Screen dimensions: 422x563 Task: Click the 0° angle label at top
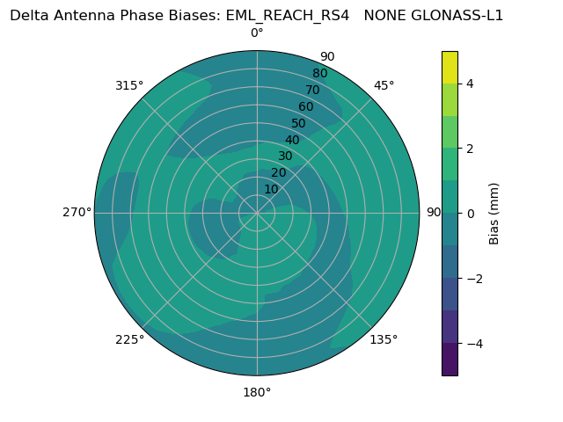(x=257, y=33)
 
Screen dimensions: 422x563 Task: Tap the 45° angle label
(x=384, y=85)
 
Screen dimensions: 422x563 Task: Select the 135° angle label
(x=384, y=339)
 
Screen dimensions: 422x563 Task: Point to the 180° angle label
(x=257, y=392)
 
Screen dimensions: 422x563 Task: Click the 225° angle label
(x=129, y=339)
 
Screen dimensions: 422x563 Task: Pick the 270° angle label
(x=77, y=212)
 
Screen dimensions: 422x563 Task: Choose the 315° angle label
(x=129, y=85)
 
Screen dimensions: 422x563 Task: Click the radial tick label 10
(x=271, y=189)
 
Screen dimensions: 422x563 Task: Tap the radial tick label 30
(x=285, y=156)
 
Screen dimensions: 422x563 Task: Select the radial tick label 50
(x=299, y=123)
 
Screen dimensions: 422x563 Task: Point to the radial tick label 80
(x=320, y=74)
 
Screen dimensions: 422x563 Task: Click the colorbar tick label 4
(x=471, y=84)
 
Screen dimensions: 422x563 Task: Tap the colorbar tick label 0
(x=471, y=213)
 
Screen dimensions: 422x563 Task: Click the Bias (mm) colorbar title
(x=494, y=213)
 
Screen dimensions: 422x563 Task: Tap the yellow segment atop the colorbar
(x=450, y=67)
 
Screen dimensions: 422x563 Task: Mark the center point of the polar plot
(x=257, y=213)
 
